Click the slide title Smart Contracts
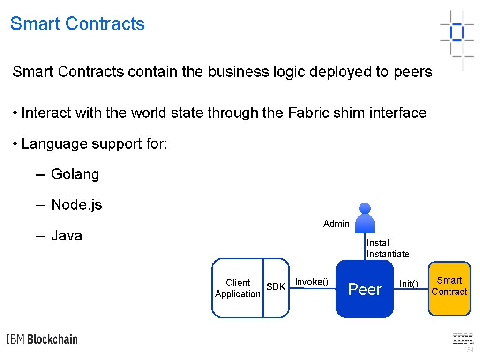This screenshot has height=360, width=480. (x=77, y=24)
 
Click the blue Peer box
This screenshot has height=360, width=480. (x=365, y=289)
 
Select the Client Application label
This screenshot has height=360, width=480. (x=237, y=288)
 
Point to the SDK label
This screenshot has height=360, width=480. (x=276, y=287)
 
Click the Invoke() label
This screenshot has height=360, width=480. (x=311, y=282)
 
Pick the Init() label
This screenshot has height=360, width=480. (x=409, y=284)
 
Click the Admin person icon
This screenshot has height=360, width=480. (x=365, y=217)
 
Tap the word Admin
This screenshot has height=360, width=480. (x=336, y=224)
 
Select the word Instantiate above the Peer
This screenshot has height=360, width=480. (x=388, y=254)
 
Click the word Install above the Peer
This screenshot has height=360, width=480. (x=379, y=243)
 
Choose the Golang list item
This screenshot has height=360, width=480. (x=75, y=174)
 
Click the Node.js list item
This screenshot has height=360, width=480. (x=76, y=205)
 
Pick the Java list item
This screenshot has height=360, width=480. (x=67, y=235)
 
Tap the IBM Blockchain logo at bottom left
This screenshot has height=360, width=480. (x=42, y=339)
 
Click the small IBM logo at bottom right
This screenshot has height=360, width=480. (x=463, y=338)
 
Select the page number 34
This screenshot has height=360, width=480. (x=470, y=350)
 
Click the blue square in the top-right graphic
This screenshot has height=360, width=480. (x=456, y=32)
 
